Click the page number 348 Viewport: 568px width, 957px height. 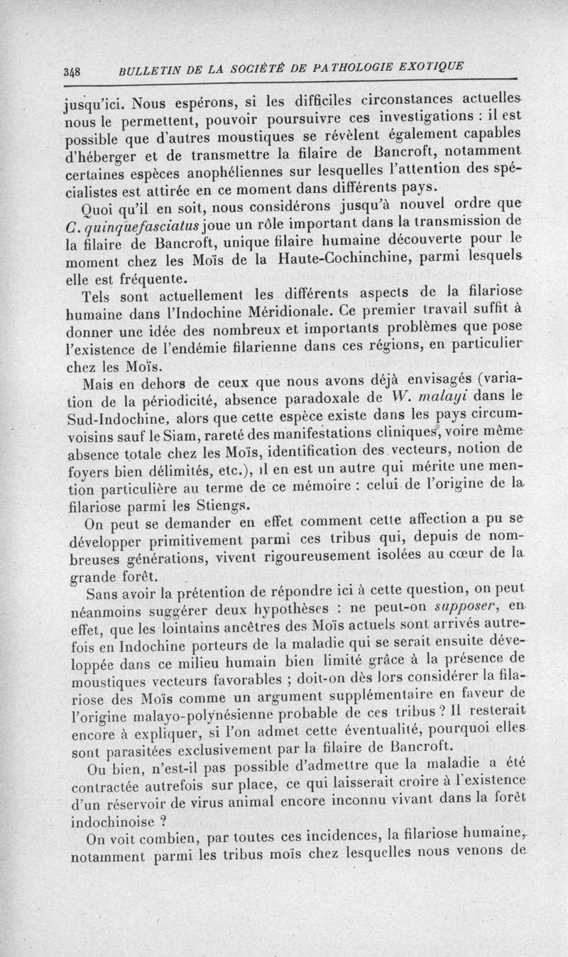coord(72,71)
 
